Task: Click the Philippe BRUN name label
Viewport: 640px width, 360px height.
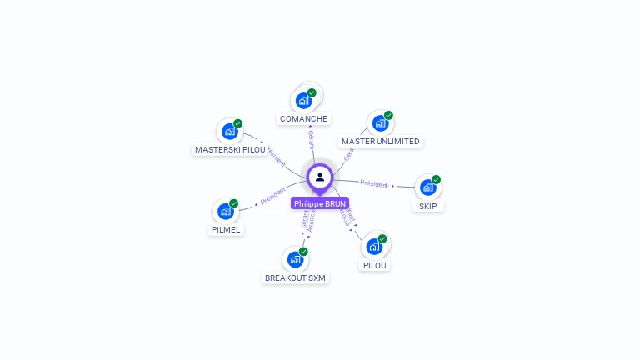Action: (x=320, y=203)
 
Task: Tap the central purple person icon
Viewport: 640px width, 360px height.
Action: (x=320, y=177)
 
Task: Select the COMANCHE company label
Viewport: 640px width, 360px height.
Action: (x=303, y=119)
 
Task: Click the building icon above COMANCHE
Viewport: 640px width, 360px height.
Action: (x=303, y=100)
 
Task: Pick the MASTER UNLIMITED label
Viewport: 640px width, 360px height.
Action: (x=381, y=142)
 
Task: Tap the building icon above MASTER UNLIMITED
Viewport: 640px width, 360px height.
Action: (x=380, y=123)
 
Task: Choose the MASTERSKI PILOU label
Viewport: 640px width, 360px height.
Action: (x=230, y=150)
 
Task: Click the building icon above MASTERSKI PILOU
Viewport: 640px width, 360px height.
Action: (x=229, y=132)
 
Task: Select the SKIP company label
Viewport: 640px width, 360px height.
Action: (x=428, y=206)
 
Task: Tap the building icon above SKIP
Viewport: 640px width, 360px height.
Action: (x=427, y=187)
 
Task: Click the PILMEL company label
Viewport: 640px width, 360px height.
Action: (x=226, y=230)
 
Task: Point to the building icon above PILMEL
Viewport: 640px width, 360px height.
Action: (x=225, y=212)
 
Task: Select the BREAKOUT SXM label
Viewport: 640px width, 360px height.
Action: (x=296, y=277)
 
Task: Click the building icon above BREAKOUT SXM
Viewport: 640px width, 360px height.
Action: (x=295, y=259)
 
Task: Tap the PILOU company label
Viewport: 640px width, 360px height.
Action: (x=375, y=265)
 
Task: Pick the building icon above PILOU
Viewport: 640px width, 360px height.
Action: (x=374, y=247)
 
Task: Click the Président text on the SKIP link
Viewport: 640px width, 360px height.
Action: (x=374, y=183)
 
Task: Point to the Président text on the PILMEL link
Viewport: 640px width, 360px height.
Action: (x=272, y=197)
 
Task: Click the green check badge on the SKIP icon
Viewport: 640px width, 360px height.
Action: (x=436, y=180)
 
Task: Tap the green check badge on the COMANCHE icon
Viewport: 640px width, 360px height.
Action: (x=312, y=92)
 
